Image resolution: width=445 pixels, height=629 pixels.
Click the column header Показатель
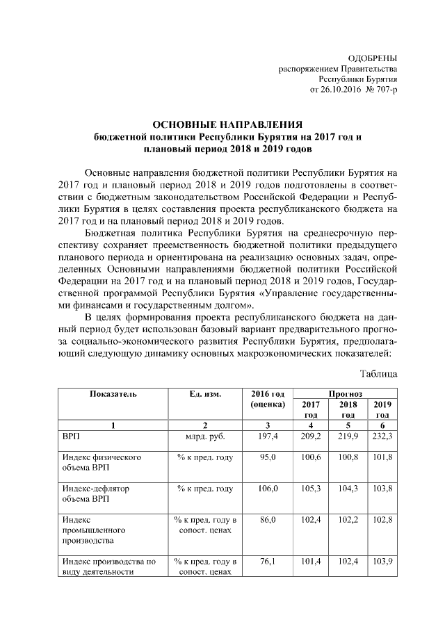coord(113,394)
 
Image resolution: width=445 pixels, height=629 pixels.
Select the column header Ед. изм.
coord(204,394)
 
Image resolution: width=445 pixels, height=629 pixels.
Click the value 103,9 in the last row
coord(382,561)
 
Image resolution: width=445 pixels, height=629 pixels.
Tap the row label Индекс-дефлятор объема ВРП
coord(96,493)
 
